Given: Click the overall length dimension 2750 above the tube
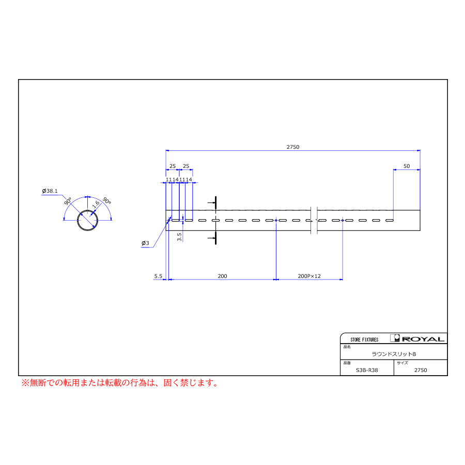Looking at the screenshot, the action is pyautogui.click(x=293, y=147).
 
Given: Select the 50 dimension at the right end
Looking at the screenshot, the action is pyautogui.click(x=407, y=166).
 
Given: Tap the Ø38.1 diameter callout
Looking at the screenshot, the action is pyautogui.click(x=50, y=191).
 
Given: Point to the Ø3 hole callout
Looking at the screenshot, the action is pyautogui.click(x=145, y=243).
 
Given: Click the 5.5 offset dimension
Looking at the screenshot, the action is pyautogui.click(x=158, y=276).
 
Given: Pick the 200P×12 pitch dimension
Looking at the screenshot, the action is pyautogui.click(x=309, y=276).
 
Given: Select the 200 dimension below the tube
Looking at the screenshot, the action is pyautogui.click(x=222, y=276).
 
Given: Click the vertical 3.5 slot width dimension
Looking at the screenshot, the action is pyautogui.click(x=179, y=237).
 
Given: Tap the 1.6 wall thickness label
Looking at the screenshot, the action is pyautogui.click(x=96, y=204).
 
